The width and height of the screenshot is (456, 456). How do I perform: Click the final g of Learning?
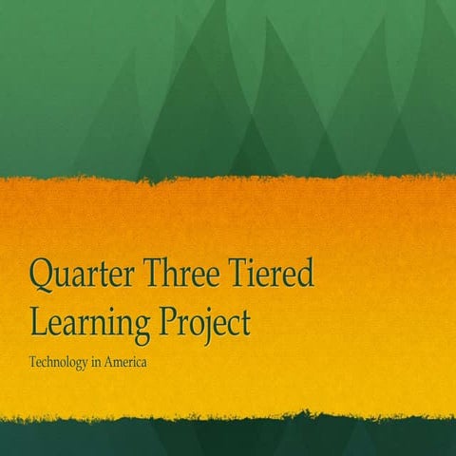coord(141,327)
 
